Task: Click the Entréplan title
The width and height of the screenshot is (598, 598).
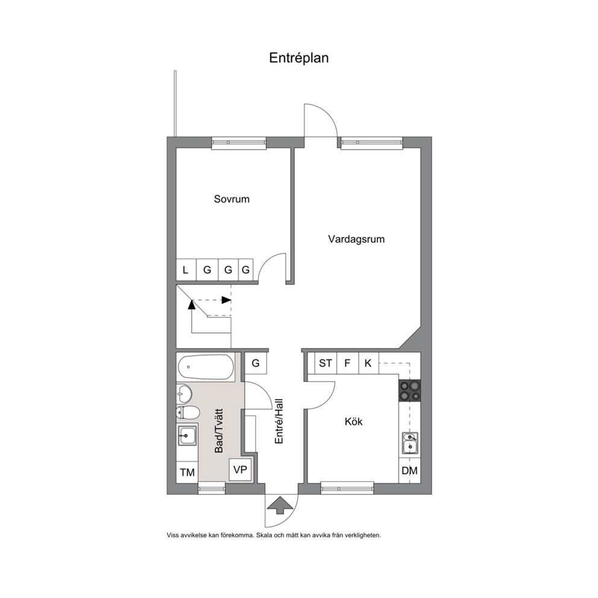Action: coord(298,58)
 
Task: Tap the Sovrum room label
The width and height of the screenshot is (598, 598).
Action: coord(231,199)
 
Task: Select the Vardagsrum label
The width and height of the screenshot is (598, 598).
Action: coord(356,239)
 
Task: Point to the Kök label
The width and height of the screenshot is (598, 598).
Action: coord(353,421)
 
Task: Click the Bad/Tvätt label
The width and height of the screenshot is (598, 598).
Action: coord(219,430)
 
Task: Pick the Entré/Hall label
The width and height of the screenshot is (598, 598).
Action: coord(279,421)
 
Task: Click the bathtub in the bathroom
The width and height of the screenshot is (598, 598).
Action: coord(206,367)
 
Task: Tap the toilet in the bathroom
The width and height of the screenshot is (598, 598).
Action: coord(187,413)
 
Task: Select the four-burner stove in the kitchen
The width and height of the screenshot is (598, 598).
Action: coord(409,391)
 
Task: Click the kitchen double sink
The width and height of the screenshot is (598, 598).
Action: coord(411,443)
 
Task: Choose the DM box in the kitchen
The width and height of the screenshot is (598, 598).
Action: coord(409,471)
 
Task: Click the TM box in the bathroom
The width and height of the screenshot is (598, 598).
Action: coord(187,473)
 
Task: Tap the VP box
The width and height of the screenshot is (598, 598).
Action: coord(240,470)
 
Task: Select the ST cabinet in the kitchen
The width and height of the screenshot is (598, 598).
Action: coord(326,363)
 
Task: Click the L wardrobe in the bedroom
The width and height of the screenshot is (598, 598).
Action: coord(186,270)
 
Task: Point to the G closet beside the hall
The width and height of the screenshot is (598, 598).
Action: coord(256,363)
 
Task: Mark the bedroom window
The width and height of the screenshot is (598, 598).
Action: coord(239,142)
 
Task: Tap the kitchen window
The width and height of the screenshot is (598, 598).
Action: coord(347,488)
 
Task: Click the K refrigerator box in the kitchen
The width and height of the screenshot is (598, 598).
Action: coord(368,363)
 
